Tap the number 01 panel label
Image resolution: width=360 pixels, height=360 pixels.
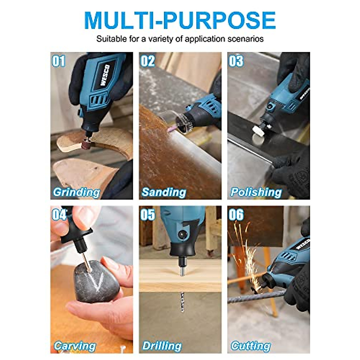click(58, 61)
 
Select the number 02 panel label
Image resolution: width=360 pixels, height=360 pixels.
click(148, 61)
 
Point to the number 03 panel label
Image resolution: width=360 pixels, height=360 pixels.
click(236, 61)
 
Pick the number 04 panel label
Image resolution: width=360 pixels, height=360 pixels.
click(59, 214)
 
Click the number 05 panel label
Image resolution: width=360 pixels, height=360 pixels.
click(148, 214)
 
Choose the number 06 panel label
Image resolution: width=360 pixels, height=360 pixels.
click(236, 214)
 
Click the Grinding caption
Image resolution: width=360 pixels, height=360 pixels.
click(76, 192)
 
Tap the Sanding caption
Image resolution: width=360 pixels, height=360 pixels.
click(164, 192)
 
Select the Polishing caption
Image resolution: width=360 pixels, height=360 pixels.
click(256, 192)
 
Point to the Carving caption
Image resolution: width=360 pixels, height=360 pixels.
click(75, 346)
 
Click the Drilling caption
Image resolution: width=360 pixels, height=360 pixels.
click(162, 346)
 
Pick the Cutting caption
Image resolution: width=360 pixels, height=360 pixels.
click(250, 346)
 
